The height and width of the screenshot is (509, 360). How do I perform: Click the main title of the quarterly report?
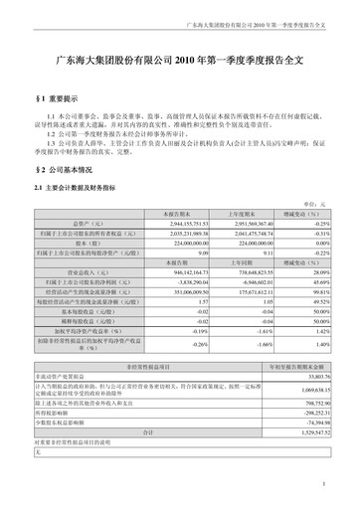180,62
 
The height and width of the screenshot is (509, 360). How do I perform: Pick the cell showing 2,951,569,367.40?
241,225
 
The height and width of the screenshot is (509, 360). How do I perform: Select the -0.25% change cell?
304,225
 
